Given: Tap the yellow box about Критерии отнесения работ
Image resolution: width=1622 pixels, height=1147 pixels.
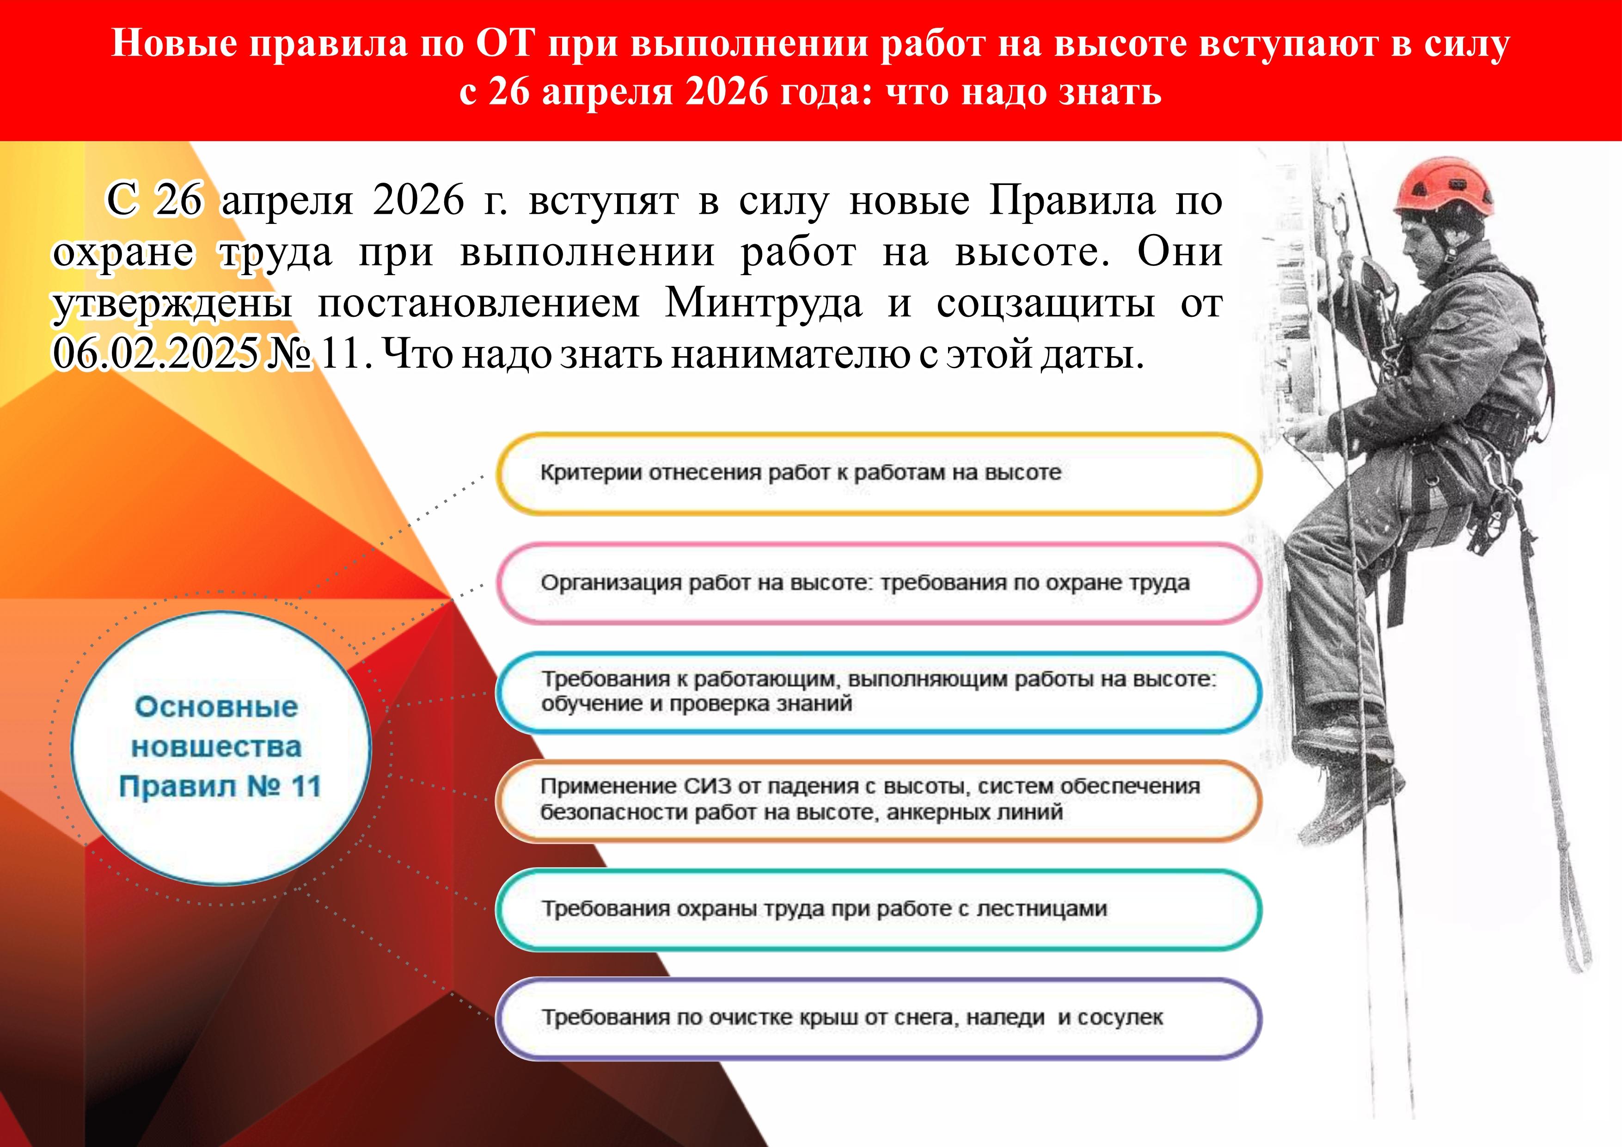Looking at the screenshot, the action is click(x=879, y=474).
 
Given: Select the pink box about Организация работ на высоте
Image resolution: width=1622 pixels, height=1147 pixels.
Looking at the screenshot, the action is click(x=879, y=583).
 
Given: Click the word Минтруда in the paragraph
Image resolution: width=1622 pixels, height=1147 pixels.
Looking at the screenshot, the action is click(x=764, y=304).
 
